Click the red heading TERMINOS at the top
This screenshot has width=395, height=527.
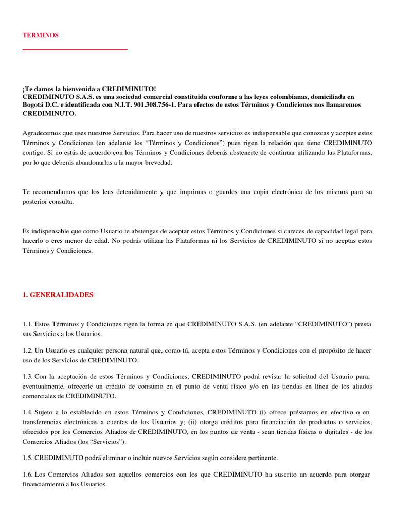pos(41,35)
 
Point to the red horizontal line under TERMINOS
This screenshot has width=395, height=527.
pos(75,50)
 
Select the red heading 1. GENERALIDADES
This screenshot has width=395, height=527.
pos(58,295)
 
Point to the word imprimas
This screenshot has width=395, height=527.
pos(193,192)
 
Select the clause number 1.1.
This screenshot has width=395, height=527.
pos(28,324)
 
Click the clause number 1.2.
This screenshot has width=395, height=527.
pos(28,350)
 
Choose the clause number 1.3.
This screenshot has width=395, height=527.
pos(28,377)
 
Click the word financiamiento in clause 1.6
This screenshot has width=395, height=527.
pos(43,484)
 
